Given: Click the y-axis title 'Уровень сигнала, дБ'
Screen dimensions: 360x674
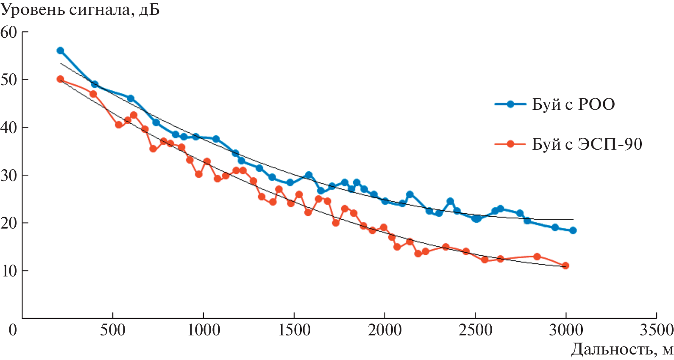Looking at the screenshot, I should coord(80,10).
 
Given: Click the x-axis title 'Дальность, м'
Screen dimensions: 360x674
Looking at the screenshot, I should coord(621,349).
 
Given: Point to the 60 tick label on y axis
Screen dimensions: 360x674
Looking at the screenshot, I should coord(9,32).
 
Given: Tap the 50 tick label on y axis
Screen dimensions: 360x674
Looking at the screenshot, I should coord(9,80).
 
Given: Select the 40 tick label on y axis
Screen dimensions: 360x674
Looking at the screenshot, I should coord(9,128).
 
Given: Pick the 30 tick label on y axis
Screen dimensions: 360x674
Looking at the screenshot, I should coord(9,175).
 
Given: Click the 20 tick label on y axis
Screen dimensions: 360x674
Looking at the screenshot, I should coord(9,223).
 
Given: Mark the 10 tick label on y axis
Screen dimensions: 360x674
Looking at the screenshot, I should coord(9,271).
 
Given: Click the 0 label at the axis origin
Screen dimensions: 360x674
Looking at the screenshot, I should coord(13,329).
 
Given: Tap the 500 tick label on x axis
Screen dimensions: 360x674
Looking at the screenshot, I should coord(113,329).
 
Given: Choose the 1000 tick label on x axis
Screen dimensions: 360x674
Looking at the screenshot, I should coord(203,329).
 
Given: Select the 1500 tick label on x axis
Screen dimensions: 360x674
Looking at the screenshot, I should coord(294,329).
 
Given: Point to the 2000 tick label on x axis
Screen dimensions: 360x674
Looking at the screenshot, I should coord(384,329).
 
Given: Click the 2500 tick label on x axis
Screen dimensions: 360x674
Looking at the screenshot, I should coord(475,329).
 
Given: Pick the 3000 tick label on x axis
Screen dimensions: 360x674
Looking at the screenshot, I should coord(566,329).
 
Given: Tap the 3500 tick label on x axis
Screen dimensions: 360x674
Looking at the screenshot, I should coord(657,329).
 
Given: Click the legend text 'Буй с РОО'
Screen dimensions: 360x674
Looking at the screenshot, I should coord(573,104).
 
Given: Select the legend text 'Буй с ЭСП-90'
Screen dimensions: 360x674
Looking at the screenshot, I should coord(587,145).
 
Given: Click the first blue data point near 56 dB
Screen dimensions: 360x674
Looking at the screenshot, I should coord(60,51).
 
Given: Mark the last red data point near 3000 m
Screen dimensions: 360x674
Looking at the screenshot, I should coord(565,266).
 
